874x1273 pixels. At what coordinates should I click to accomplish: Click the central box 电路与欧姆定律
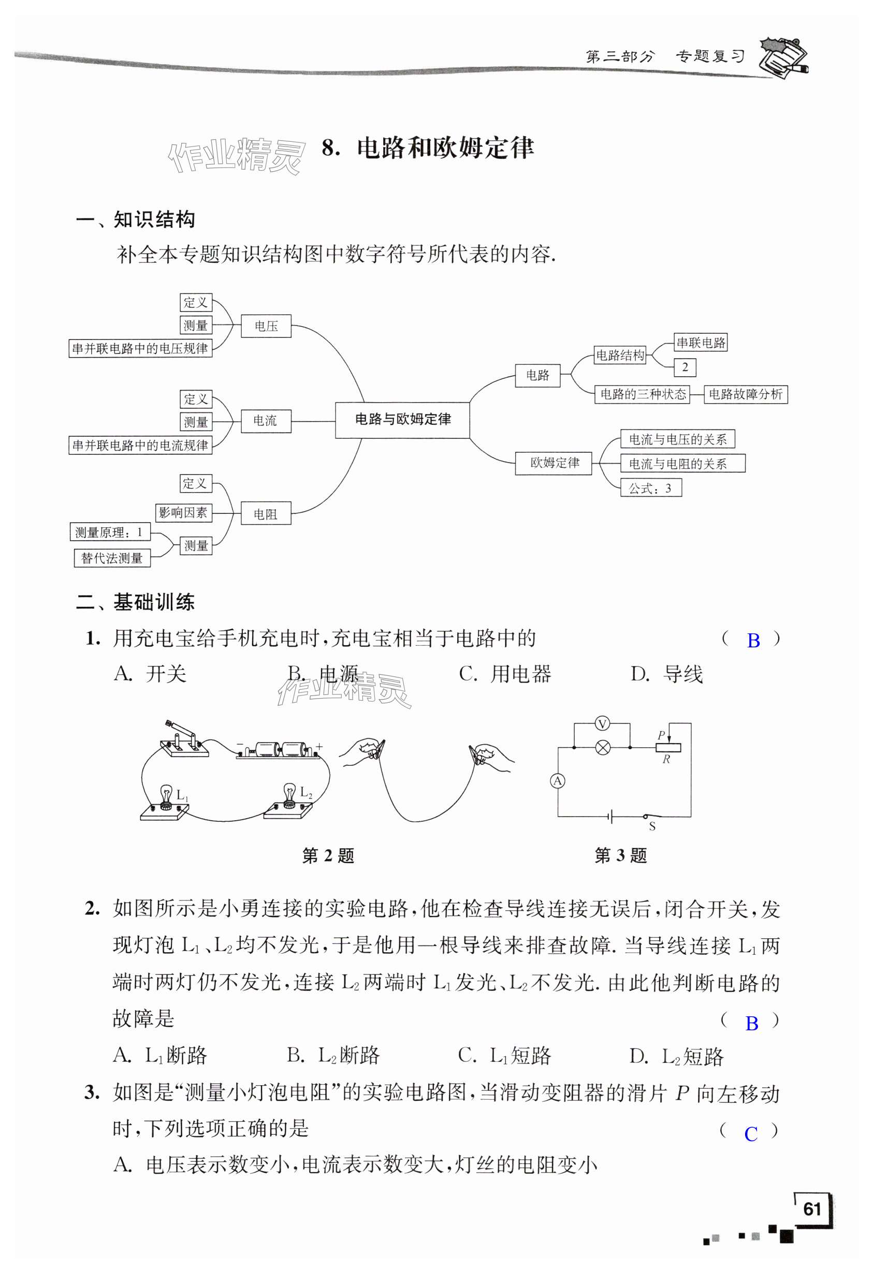pos(402,420)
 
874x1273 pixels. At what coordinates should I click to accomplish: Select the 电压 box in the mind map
pos(266,326)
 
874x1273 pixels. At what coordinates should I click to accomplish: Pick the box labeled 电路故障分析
pos(745,394)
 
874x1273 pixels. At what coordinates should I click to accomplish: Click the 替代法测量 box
pos(112,558)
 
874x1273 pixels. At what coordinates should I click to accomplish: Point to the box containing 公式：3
pos(650,488)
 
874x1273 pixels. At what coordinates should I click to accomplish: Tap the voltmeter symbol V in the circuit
pos(602,724)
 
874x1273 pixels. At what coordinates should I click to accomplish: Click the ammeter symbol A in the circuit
pos(558,781)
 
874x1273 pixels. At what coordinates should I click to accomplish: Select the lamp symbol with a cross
pos(603,747)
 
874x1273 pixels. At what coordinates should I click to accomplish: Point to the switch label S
pos(652,826)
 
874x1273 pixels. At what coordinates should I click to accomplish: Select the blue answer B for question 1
pos(753,640)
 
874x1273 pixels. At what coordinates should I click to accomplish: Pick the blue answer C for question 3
pos(751,1133)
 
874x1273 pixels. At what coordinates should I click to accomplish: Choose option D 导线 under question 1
pos(666,674)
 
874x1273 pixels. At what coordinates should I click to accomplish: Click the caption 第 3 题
pos(620,855)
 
